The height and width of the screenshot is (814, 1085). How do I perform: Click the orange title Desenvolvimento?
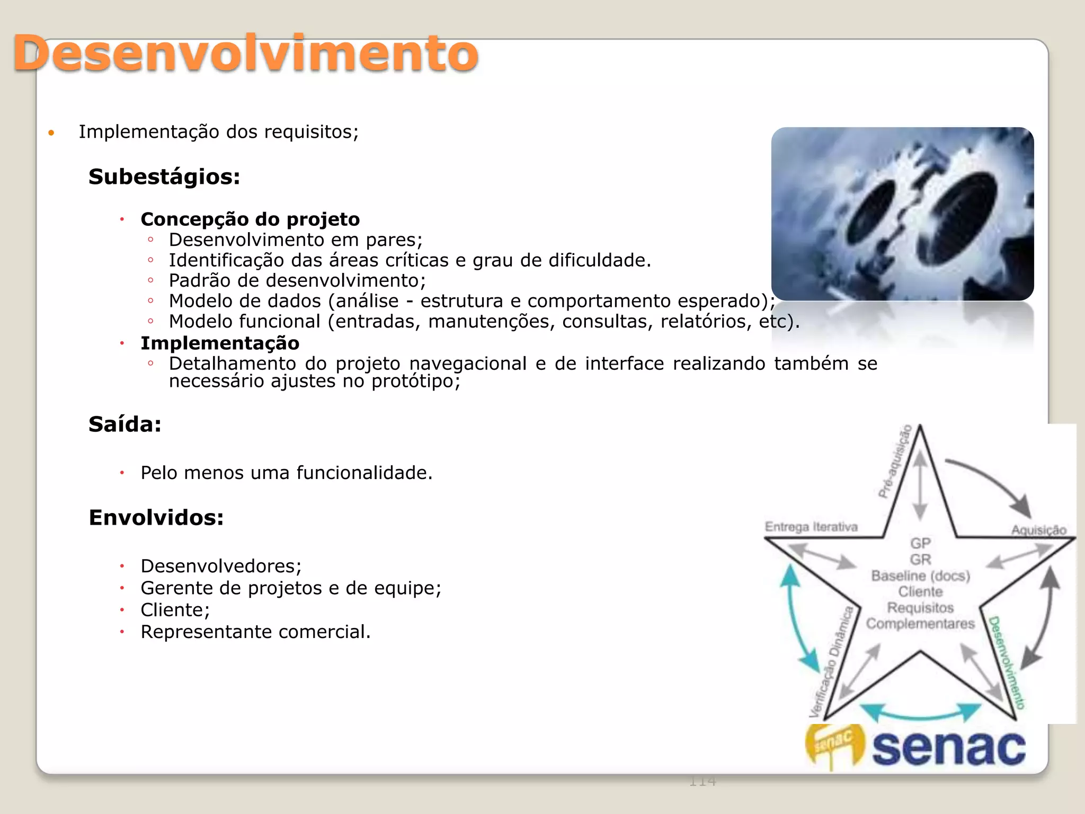coord(246,53)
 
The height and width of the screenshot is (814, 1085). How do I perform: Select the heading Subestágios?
coord(164,177)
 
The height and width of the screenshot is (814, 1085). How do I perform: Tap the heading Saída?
coord(125,424)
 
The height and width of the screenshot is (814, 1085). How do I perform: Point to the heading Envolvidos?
coord(156,518)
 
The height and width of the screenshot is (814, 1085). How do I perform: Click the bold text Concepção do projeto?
coord(250,219)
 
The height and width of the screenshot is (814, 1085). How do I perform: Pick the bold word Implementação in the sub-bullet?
coord(220,343)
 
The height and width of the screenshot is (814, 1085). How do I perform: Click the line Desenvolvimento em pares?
coord(296,240)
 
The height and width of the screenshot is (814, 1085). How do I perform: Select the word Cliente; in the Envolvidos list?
coord(175,610)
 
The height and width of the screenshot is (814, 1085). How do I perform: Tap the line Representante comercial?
coord(255,632)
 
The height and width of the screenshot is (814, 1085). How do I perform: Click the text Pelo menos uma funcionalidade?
coord(287,473)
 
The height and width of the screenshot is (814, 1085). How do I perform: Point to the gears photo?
coord(902,214)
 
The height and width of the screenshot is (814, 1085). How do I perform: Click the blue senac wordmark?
coord(948,748)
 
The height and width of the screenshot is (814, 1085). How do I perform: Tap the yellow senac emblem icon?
coord(834,745)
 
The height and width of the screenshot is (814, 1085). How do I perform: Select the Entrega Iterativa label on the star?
coord(811,527)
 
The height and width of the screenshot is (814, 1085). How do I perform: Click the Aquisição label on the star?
coord(1038,530)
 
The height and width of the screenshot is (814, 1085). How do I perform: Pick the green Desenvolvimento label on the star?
coord(1007,662)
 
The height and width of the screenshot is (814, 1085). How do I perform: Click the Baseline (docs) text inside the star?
coord(920,576)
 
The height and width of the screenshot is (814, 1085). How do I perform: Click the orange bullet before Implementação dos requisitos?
coord(51,133)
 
